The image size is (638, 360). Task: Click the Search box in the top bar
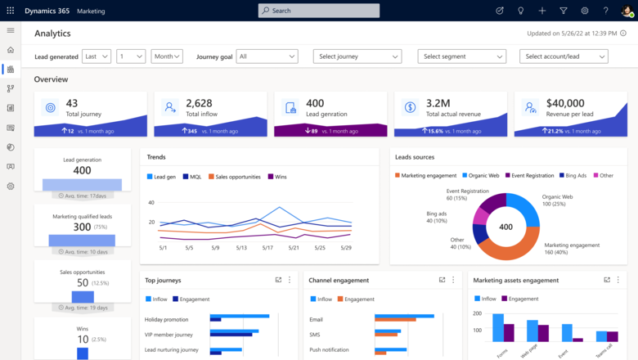pyautogui.click(x=318, y=11)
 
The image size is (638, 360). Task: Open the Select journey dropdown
pyautogui.click(x=357, y=56)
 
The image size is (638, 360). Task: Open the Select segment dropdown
pyautogui.click(x=461, y=56)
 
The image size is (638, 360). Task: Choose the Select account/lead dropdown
pyautogui.click(x=563, y=56)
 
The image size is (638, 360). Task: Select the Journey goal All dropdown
pyautogui.click(x=267, y=56)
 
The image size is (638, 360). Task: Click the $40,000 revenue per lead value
pyautogui.click(x=564, y=103)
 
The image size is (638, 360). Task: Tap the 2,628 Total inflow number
pyautogui.click(x=199, y=103)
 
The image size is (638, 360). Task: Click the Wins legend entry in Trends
pyautogui.click(x=280, y=177)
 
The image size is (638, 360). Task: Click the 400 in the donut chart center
pyautogui.click(x=505, y=227)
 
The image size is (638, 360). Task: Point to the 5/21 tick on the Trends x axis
pyautogui.click(x=294, y=247)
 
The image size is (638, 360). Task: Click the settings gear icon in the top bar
pyautogui.click(x=585, y=11)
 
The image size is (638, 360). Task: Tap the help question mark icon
pyautogui.click(x=606, y=11)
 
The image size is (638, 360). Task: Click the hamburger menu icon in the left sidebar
pyautogui.click(x=11, y=30)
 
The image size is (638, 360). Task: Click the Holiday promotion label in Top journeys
pyautogui.click(x=166, y=319)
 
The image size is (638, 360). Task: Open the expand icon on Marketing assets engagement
pyautogui.click(x=607, y=280)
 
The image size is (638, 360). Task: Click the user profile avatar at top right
pyautogui.click(x=627, y=11)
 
